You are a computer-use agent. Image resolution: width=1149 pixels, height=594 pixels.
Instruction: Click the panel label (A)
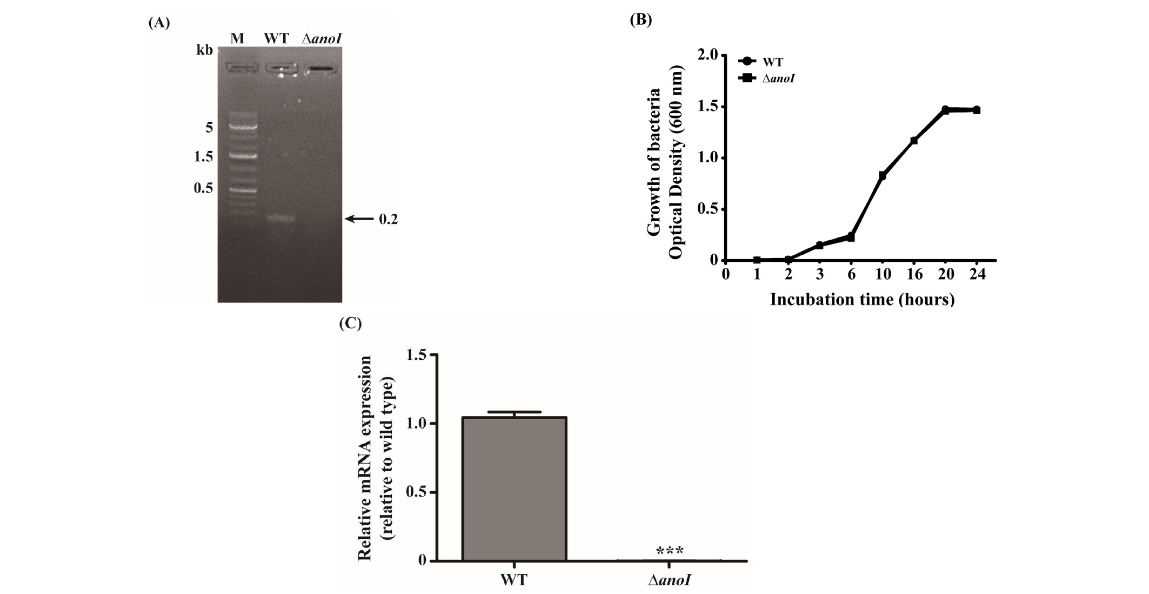(158, 23)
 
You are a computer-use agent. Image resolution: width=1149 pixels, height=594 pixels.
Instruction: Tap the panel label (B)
(641, 20)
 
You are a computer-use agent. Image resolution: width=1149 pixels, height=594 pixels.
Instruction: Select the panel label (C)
(350, 324)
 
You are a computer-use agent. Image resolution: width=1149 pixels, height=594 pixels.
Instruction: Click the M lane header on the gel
(237, 38)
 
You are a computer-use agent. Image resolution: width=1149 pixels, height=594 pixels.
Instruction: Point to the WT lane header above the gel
(276, 38)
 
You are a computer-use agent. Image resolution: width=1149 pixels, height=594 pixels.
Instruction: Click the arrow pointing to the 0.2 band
(359, 219)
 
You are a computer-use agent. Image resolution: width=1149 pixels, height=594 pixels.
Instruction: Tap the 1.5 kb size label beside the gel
(203, 157)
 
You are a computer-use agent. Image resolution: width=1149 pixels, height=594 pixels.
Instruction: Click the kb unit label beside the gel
(204, 50)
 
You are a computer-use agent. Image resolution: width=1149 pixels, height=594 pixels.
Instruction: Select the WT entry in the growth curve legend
(761, 62)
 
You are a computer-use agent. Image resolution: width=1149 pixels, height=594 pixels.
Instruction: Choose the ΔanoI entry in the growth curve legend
(766, 79)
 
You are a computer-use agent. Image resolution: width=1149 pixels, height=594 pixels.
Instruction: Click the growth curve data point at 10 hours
(883, 175)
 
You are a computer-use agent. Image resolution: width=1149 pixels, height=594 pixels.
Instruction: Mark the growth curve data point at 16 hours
(914, 141)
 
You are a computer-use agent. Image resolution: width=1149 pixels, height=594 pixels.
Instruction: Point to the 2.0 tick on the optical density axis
(708, 55)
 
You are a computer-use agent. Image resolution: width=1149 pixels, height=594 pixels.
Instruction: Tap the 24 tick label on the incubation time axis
(977, 274)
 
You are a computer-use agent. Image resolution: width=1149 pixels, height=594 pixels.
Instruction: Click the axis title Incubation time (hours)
(861, 299)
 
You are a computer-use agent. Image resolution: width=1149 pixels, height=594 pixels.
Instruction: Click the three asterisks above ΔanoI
(670, 551)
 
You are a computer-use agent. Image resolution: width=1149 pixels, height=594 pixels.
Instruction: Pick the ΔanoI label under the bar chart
(670, 581)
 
